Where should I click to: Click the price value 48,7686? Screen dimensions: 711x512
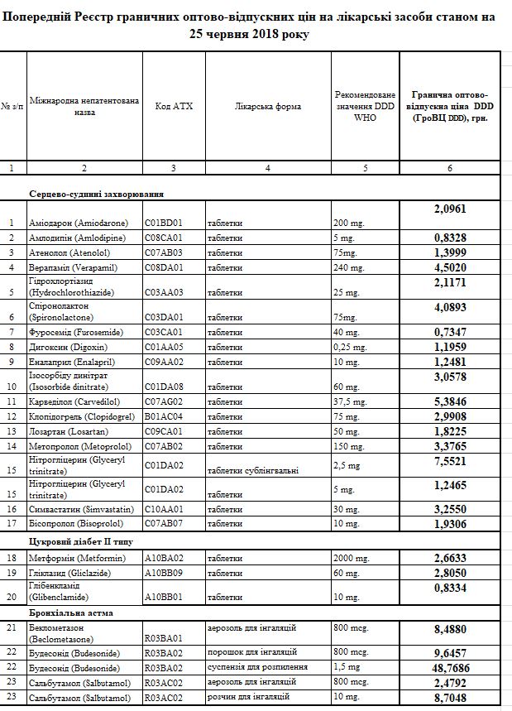tap(449, 666)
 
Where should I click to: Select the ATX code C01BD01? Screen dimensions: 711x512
tap(163, 223)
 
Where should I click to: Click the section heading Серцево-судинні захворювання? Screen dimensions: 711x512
tap(96, 193)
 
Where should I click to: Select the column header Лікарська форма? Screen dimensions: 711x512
tap(267, 106)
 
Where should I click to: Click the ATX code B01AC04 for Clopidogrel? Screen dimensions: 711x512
tap(163, 417)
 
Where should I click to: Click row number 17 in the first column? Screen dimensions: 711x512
tap(12, 523)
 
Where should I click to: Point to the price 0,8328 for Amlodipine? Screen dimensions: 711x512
tap(449, 237)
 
